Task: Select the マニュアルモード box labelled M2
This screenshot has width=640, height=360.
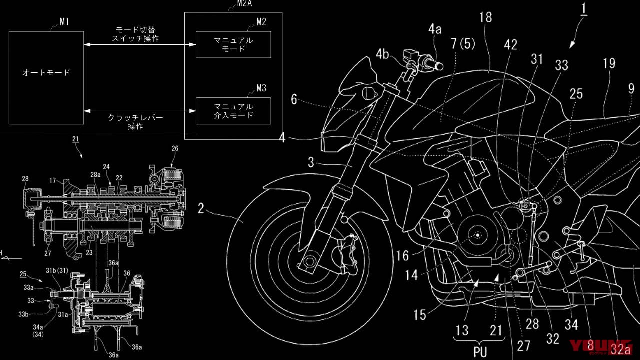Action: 233,44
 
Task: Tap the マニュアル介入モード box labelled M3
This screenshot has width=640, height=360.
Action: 233,111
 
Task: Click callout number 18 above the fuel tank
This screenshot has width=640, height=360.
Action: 485,18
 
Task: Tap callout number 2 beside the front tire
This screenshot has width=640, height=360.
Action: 200,208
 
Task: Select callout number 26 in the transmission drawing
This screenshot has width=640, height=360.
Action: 174,149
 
